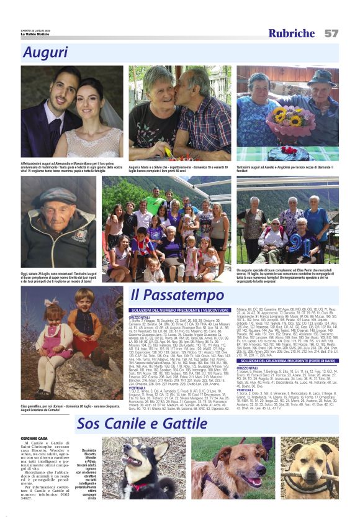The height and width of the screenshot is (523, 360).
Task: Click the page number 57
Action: pos(331,33)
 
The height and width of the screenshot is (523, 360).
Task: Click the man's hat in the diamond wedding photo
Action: pos(321,75)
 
